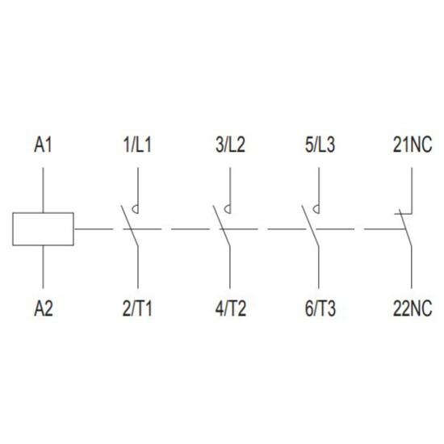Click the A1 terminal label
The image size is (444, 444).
pyautogui.click(x=43, y=145)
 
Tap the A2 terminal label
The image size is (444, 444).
pyautogui.click(x=44, y=308)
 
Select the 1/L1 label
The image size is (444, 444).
pyautogui.click(x=137, y=145)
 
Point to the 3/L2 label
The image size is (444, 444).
pyautogui.click(x=230, y=145)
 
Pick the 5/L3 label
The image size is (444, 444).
pyautogui.click(x=320, y=145)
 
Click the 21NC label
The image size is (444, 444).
pyautogui.click(x=413, y=145)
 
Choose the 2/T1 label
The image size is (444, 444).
pyautogui.click(x=137, y=308)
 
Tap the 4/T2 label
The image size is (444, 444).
pyautogui.click(x=231, y=308)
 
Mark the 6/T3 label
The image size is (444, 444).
pyautogui.click(x=320, y=308)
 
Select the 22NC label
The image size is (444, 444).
pyautogui.click(x=413, y=308)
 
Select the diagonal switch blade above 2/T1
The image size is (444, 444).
pyautogui.click(x=130, y=226)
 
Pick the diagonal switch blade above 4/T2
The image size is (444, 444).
pyautogui.click(x=222, y=226)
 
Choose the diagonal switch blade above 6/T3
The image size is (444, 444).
pyautogui.click(x=310, y=226)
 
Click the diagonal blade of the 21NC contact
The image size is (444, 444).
pyautogui.click(x=405, y=228)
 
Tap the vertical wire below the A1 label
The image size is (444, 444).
pyautogui.click(x=43, y=190)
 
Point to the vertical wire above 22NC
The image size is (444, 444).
pyautogui.click(x=412, y=267)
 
